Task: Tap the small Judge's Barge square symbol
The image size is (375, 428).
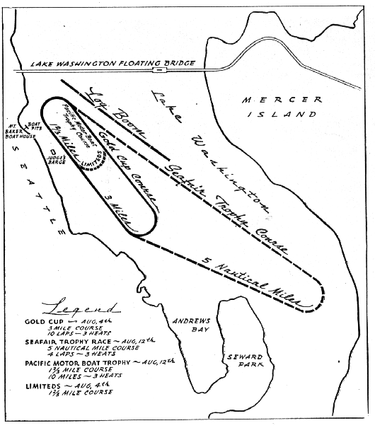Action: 54,150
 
